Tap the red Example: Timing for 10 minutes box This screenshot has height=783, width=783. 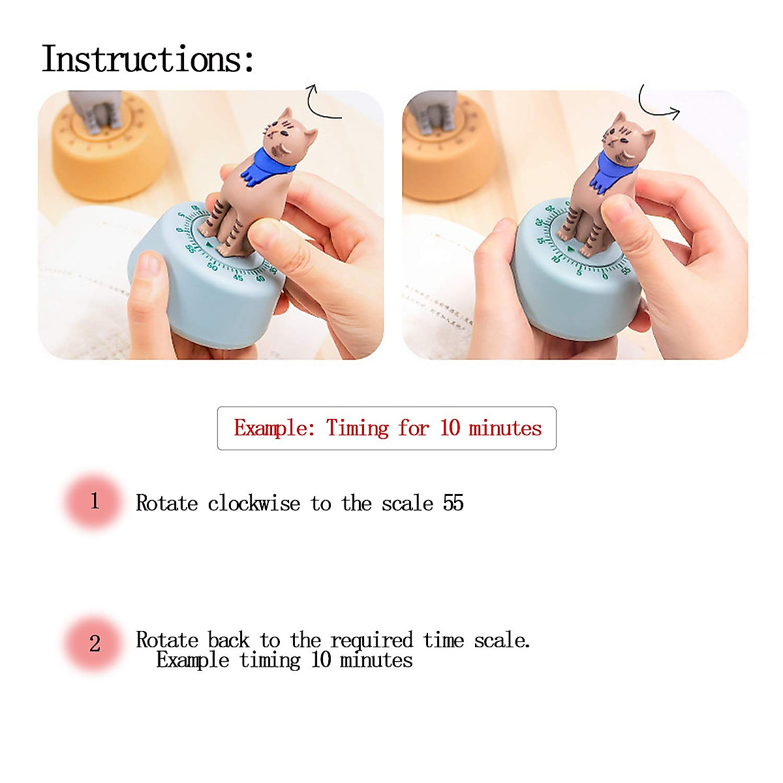pos(387,428)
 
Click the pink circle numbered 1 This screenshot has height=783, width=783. pos(94,501)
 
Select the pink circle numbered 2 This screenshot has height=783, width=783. pos(94,643)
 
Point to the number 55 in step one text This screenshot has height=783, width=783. pos(453,503)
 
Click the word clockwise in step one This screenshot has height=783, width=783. pos(254,504)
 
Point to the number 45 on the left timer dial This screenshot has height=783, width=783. pos(238,277)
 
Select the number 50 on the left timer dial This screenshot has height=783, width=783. pos(212,266)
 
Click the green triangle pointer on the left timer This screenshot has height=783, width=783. pos(209,245)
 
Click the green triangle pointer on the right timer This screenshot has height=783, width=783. pos(570,249)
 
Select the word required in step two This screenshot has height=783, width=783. pos(371,640)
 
